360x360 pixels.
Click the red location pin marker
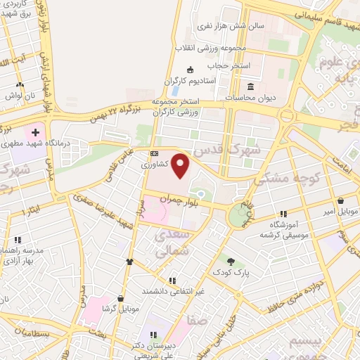[x=181, y=166]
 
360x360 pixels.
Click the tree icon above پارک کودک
[x=230, y=260]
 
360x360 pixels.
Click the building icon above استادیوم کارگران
[x=190, y=70]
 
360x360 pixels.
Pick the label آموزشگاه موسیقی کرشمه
[x=284, y=228]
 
